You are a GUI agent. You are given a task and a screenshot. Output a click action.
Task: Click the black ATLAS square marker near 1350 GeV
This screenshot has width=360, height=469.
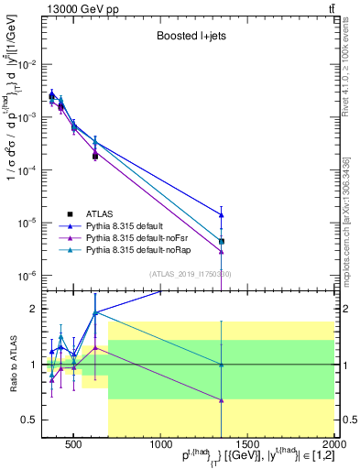point(222,241)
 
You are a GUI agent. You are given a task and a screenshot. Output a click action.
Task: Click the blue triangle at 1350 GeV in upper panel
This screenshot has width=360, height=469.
point(222,214)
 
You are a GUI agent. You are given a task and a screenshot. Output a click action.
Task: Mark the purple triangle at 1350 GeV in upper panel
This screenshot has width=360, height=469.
point(222,251)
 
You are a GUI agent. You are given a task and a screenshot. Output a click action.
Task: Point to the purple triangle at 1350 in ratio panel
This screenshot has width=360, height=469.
point(222,399)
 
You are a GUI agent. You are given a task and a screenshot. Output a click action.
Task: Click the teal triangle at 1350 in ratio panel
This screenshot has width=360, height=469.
point(222,365)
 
